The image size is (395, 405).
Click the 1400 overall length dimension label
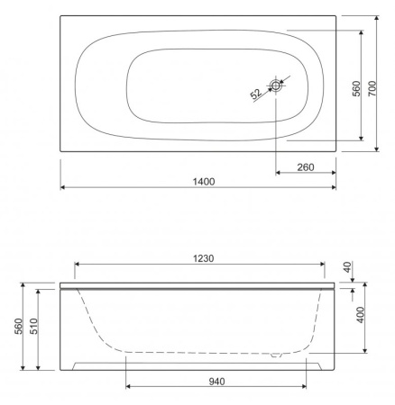pyautogui.click(x=204, y=182)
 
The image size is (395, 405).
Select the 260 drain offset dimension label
pyautogui.click(x=306, y=167)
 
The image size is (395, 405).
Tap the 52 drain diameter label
pyautogui.click(x=256, y=94)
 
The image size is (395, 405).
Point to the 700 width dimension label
pyautogui.click(x=372, y=88)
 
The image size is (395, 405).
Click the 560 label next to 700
pyautogui.click(x=356, y=88)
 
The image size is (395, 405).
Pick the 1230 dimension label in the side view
pyautogui.click(x=204, y=258)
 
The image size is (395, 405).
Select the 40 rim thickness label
pyautogui.click(x=347, y=267)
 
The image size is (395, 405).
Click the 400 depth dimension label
pyautogui.click(x=361, y=315)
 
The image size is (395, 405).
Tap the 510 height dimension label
pyautogui.click(x=33, y=326)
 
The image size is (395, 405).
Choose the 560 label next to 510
pyautogui.click(x=18, y=326)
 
